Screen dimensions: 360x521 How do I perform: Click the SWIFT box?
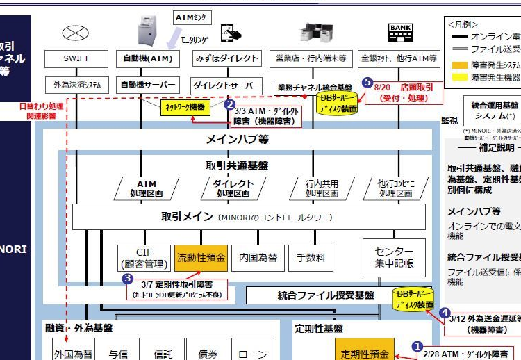pos(76,58)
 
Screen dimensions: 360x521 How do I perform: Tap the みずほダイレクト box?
pos(226,58)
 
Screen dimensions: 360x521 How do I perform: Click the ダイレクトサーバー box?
pos(226,85)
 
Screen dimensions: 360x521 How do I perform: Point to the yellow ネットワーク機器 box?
pos(184,107)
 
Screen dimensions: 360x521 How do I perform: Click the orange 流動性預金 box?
pos(201,257)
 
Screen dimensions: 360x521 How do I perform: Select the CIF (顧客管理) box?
pos(144,257)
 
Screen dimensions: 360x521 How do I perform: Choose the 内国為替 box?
pos(258,257)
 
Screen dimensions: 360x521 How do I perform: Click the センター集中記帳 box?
pos(394,257)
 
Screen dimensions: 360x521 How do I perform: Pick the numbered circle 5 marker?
pos(367,81)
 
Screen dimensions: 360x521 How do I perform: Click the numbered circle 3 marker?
pos(127,279)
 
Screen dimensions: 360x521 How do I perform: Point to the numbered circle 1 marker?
pos(417,345)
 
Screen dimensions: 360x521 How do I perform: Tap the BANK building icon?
pos(400,32)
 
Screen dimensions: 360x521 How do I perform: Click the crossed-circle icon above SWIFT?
pos(75,33)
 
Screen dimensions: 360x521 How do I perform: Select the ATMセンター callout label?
pos(192,17)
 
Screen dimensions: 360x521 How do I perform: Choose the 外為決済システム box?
pos(76,85)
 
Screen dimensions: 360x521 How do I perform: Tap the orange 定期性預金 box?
pos(365,352)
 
